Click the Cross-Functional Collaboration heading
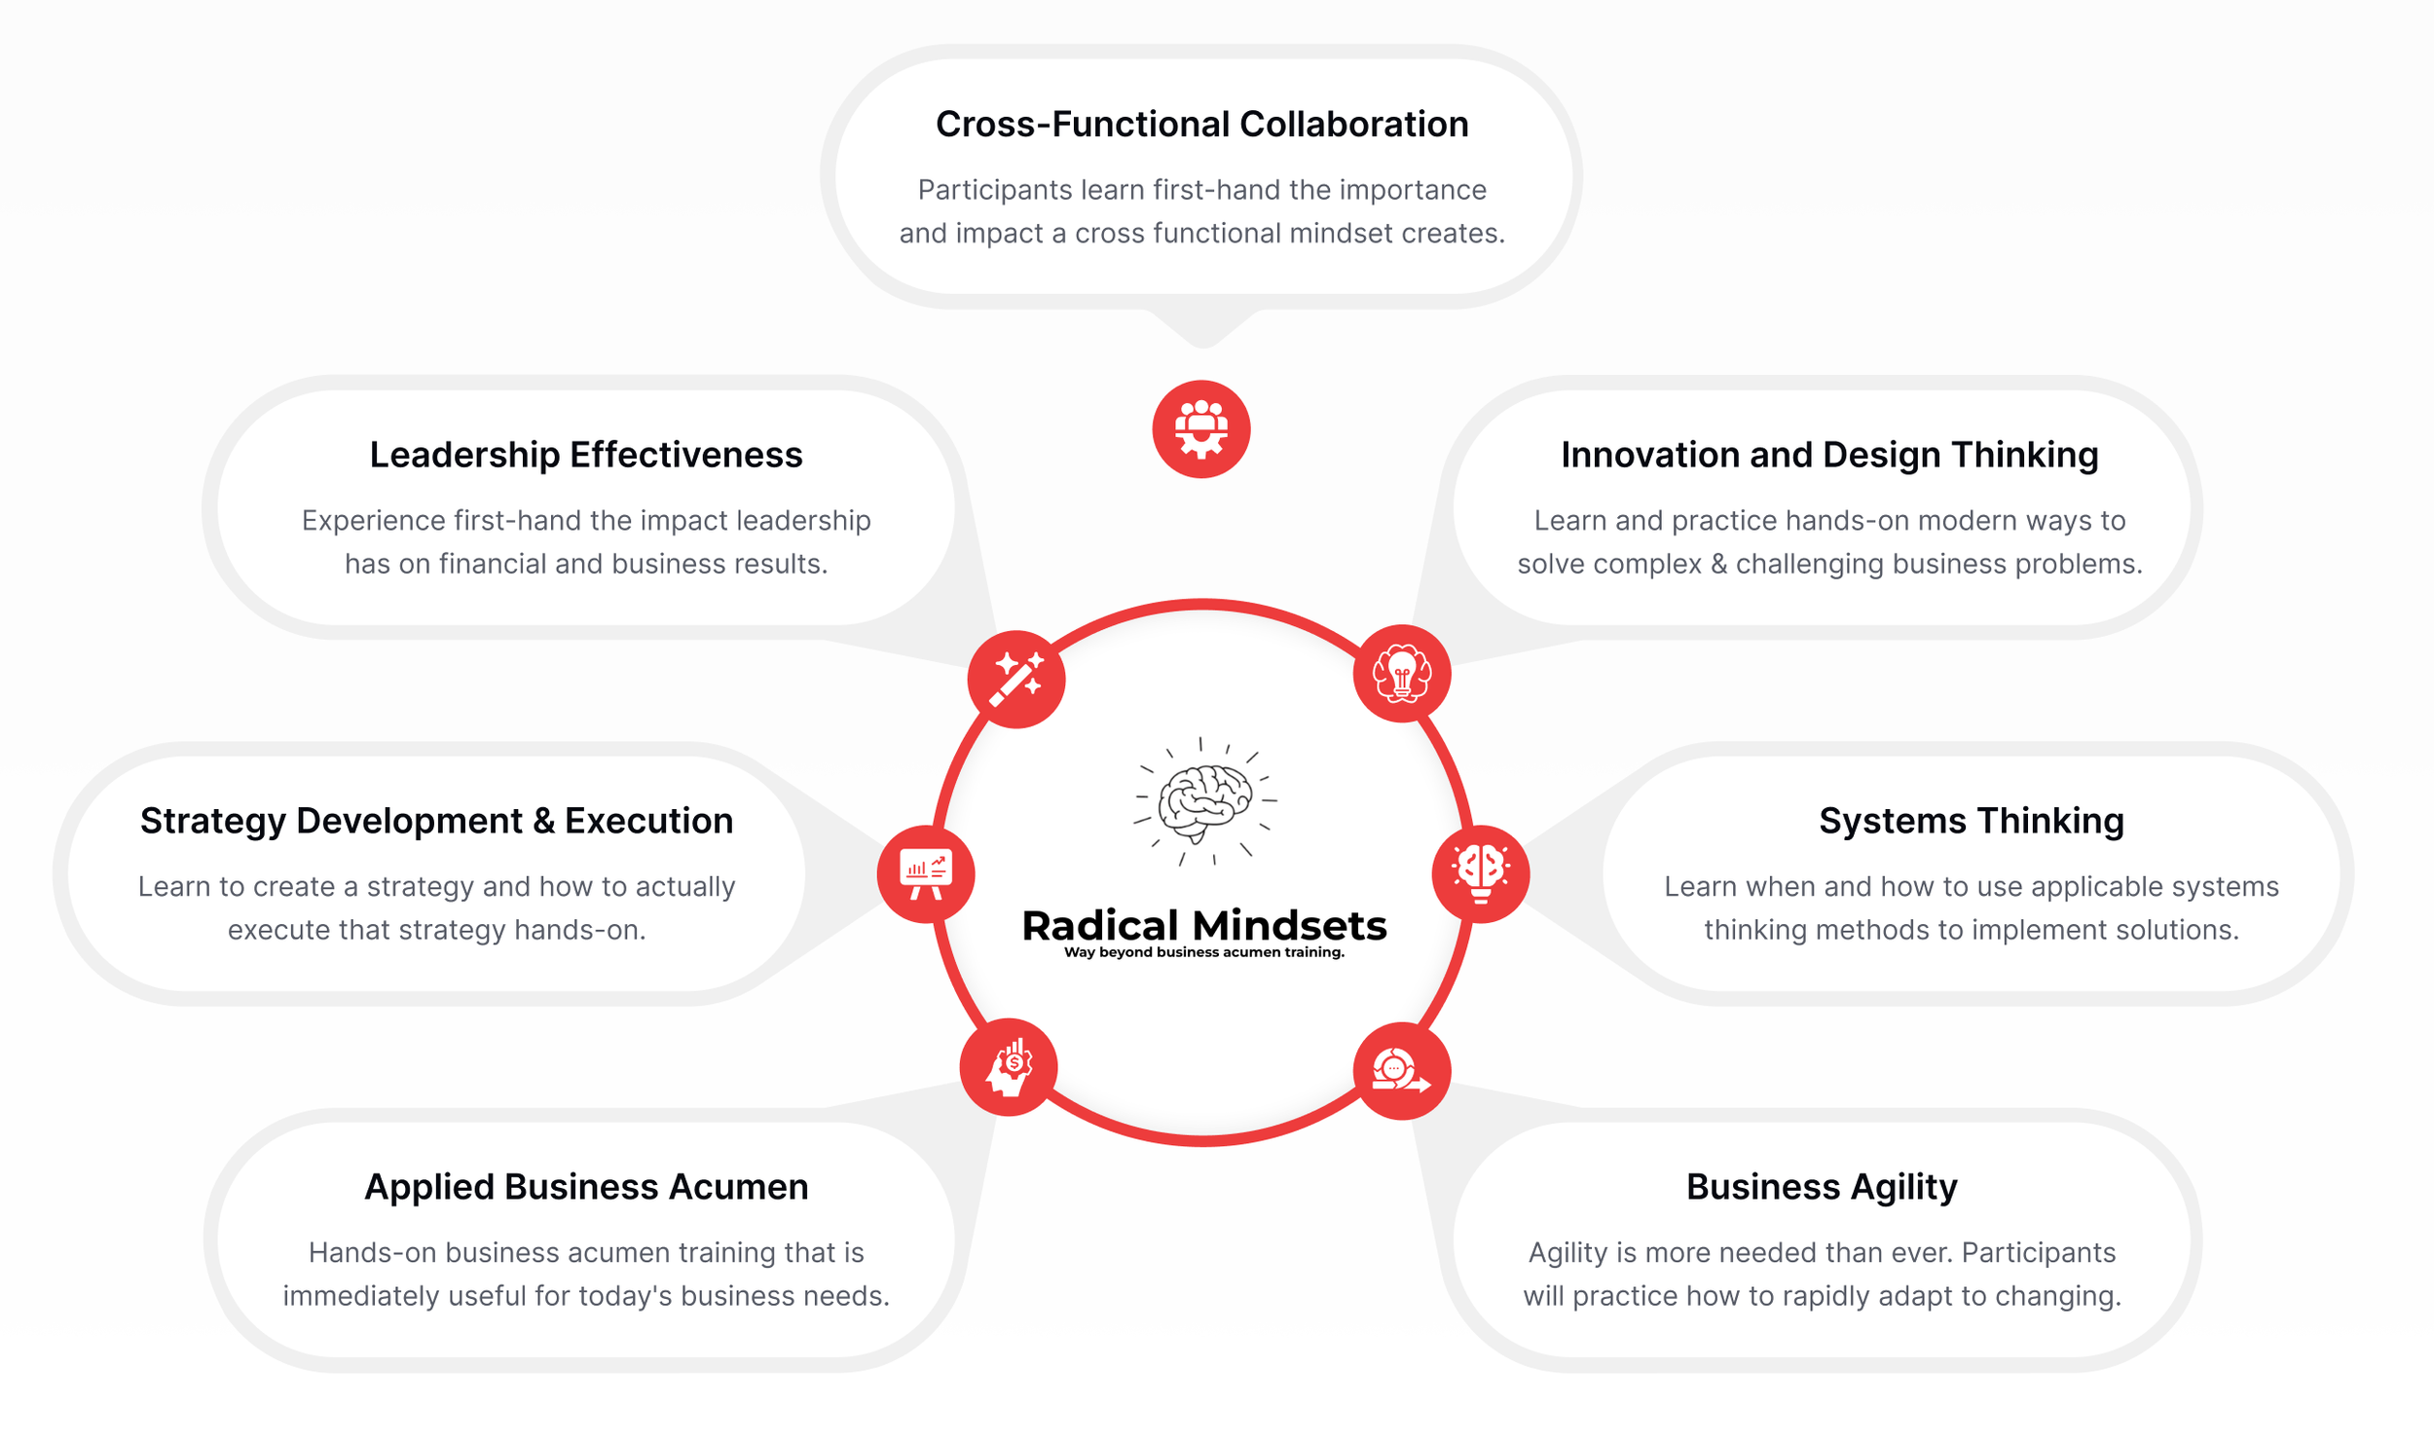tap(1201, 125)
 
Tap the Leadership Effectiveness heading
tap(586, 455)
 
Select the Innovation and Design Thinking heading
tap(1829, 455)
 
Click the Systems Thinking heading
tap(1971, 821)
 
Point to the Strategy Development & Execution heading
tap(436, 821)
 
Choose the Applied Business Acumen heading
tap(586, 1187)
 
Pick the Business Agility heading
tap(1822, 1187)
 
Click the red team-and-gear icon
tap(1201, 429)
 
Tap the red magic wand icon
tap(1016, 679)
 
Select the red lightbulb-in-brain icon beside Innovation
tap(1402, 674)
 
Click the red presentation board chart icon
tap(926, 873)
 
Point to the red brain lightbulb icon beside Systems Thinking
tap(1481, 873)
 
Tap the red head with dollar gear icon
tap(1010, 1068)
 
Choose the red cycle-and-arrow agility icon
tap(1402, 1071)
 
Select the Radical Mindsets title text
tap(1204, 926)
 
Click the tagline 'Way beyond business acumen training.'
tap(1204, 952)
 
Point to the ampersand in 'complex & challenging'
tap(1718, 564)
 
